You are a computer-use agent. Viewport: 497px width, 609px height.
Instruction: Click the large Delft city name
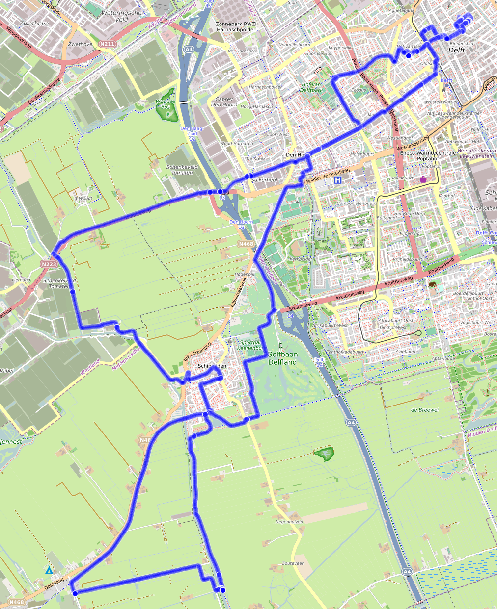tap(456, 50)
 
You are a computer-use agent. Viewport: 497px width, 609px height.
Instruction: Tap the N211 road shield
tap(107, 44)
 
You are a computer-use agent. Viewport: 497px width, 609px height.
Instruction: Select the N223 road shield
tap(49, 264)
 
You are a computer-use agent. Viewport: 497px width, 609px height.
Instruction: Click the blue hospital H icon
tap(337, 180)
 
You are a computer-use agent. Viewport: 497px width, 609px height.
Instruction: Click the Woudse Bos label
tap(165, 104)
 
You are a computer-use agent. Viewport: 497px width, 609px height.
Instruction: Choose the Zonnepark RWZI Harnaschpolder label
tap(236, 26)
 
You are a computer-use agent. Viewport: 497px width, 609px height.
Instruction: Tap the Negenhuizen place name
tap(289, 522)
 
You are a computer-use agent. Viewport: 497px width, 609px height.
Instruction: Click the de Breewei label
tap(425, 410)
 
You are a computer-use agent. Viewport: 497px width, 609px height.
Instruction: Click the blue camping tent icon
tap(49, 570)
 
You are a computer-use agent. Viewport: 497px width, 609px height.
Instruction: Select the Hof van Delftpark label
tap(312, 87)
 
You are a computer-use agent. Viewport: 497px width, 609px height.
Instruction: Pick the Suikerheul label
tap(264, 180)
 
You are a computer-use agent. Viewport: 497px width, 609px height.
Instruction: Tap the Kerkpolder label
tap(301, 258)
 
